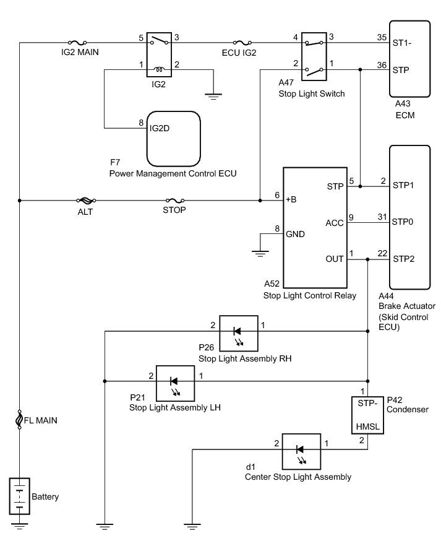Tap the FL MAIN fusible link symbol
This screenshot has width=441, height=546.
pos(20,420)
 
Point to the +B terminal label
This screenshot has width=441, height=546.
pos(291,200)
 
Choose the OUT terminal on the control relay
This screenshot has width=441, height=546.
pos(335,259)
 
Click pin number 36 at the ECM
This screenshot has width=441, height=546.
pos(381,65)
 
